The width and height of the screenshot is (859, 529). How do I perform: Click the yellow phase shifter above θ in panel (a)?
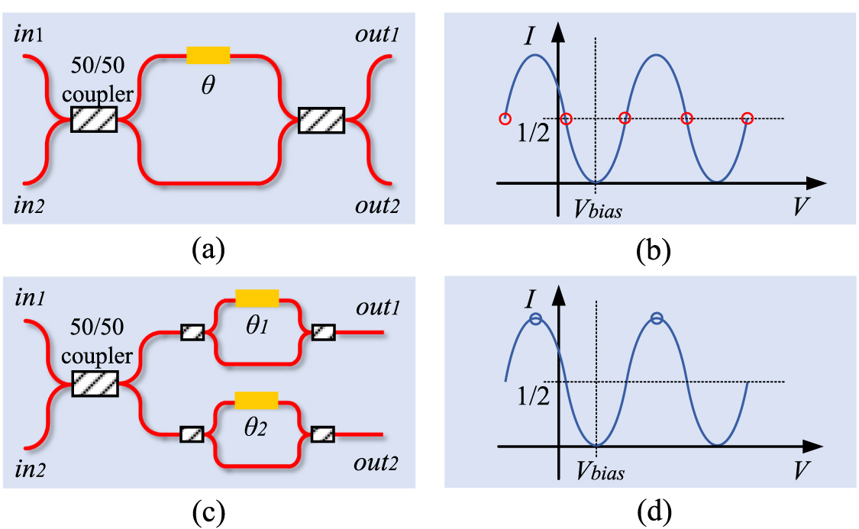pyautogui.click(x=208, y=54)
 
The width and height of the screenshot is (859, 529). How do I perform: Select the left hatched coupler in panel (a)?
pyautogui.click(x=94, y=119)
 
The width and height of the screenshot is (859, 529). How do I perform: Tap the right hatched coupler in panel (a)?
pyautogui.click(x=321, y=119)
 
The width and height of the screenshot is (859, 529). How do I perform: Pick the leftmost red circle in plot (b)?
pyautogui.click(x=504, y=118)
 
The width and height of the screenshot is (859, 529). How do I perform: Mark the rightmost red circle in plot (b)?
pyautogui.click(x=748, y=118)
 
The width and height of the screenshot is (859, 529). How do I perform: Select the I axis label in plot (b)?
pyautogui.click(x=532, y=35)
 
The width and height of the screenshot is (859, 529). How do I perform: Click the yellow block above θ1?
pyautogui.click(x=257, y=298)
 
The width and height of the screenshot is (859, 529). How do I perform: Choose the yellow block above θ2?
pyautogui.click(x=257, y=400)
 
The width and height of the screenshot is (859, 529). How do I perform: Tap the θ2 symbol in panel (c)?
pyautogui.click(x=256, y=428)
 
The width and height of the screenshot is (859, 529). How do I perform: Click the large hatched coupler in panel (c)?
pyautogui.click(x=94, y=382)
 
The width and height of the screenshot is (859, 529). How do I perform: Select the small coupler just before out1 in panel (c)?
pyautogui.click(x=321, y=332)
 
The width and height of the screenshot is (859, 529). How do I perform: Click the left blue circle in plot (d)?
pyautogui.click(x=535, y=318)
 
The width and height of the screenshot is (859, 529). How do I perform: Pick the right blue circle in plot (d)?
pyautogui.click(x=657, y=318)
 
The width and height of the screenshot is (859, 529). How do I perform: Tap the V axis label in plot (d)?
pyautogui.click(x=800, y=471)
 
